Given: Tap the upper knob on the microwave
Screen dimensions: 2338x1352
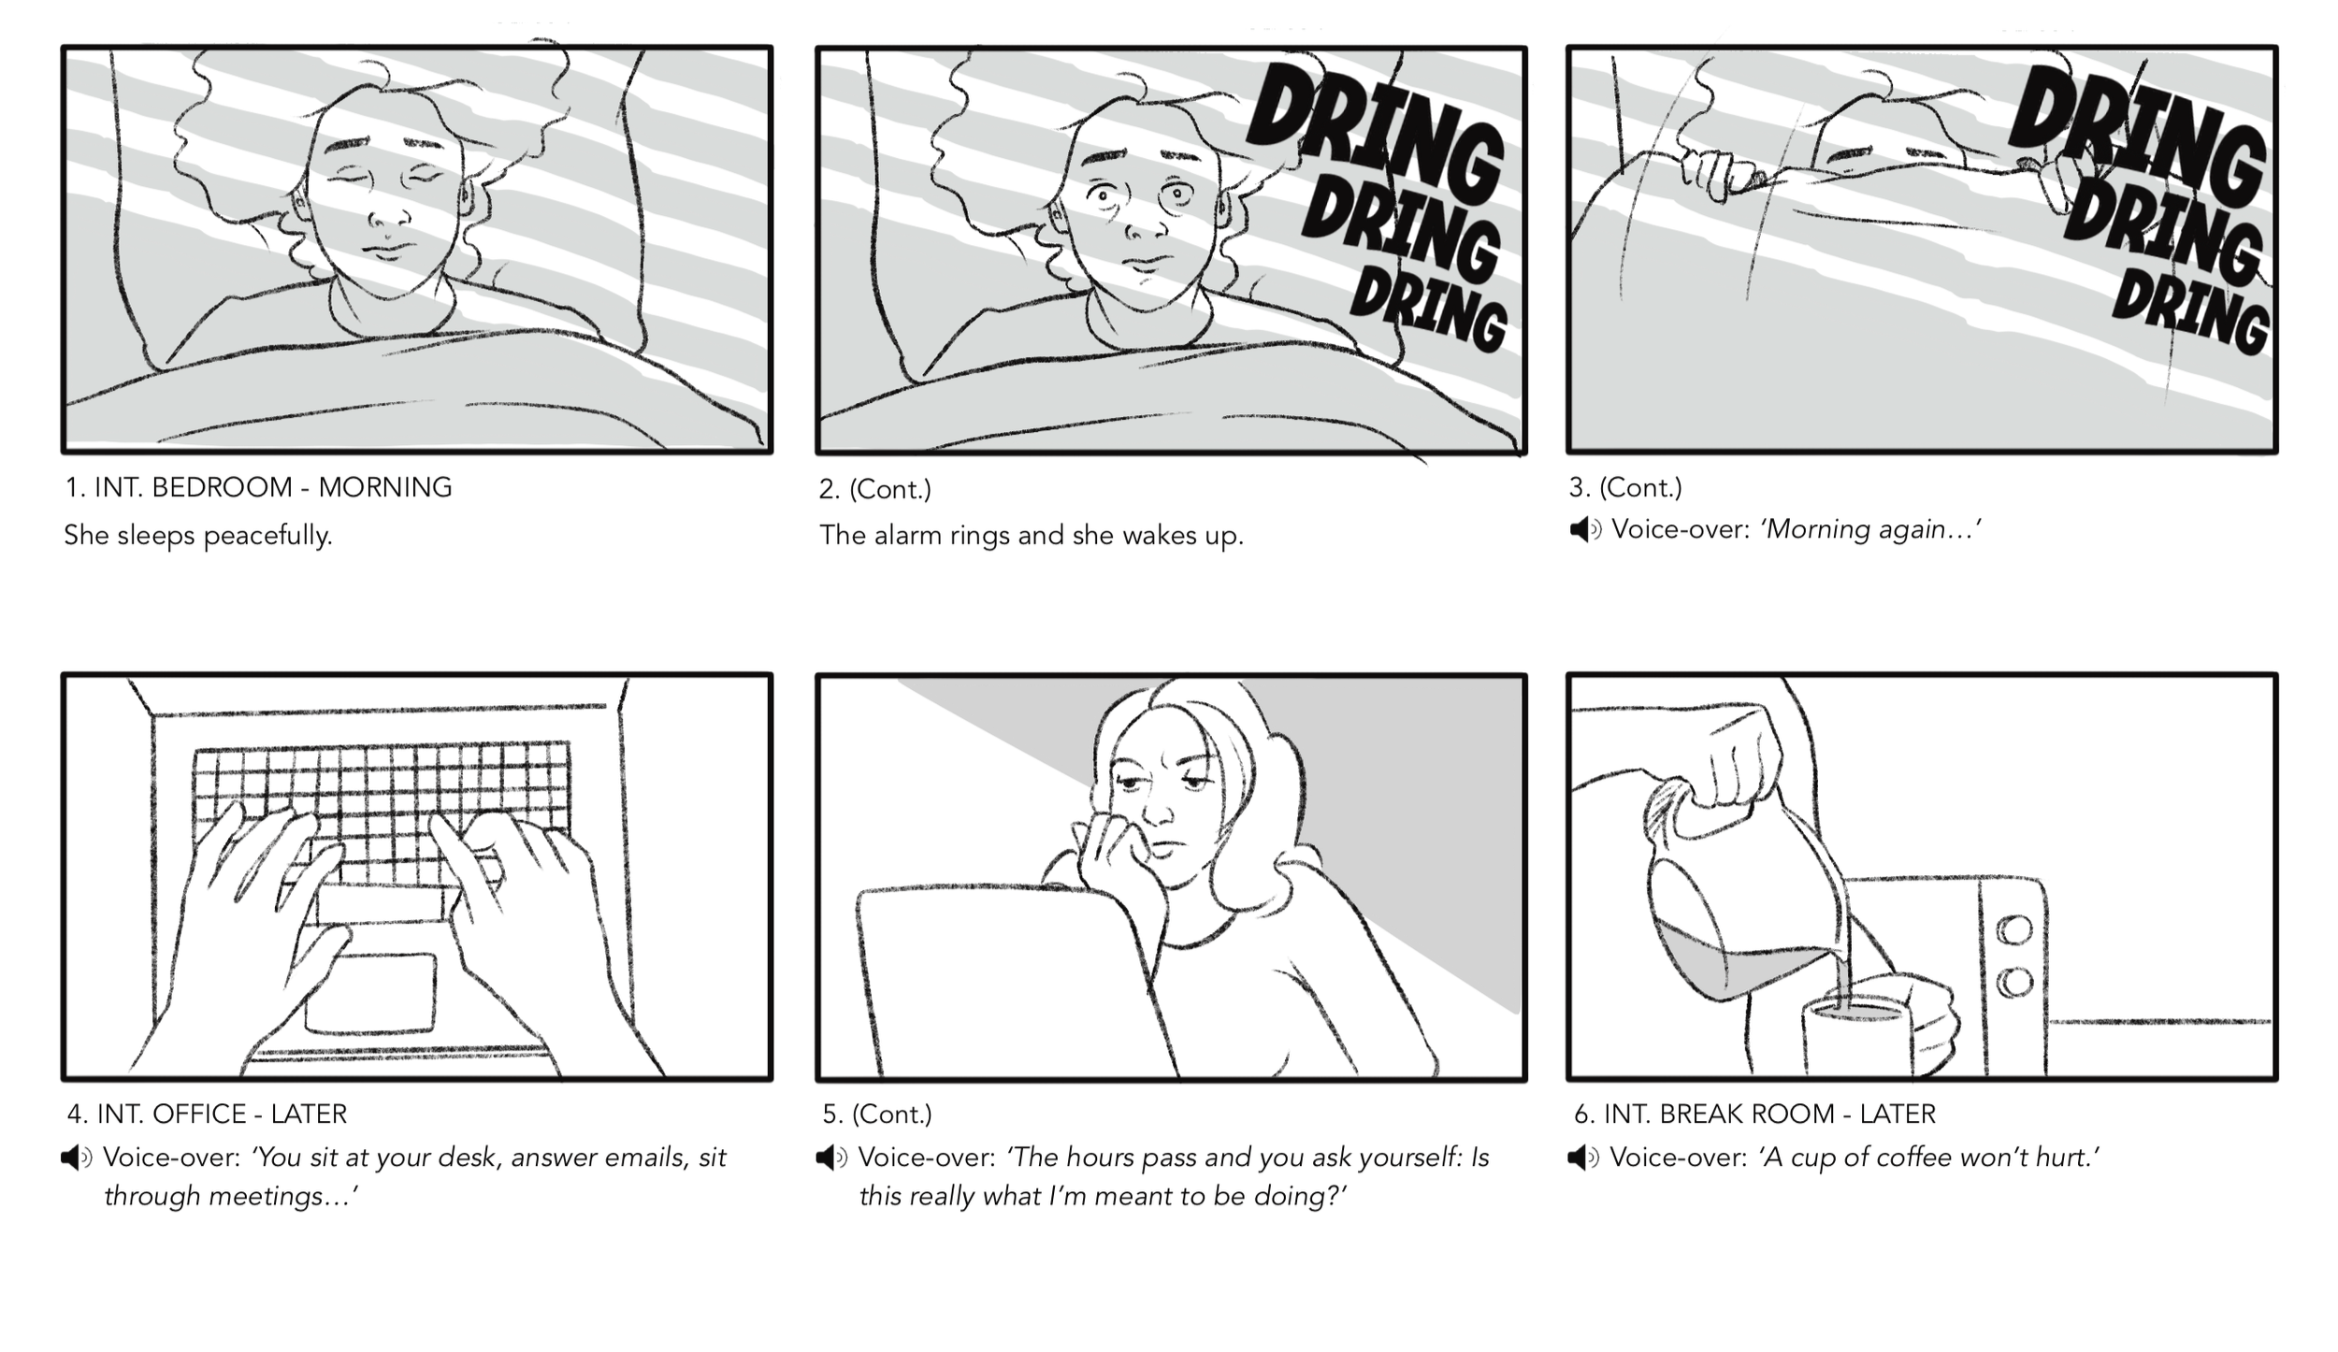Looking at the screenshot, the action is tap(2013, 930).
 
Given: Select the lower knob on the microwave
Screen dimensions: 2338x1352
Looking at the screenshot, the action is tap(2013, 982).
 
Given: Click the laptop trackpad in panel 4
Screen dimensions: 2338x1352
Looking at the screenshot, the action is tap(370, 993).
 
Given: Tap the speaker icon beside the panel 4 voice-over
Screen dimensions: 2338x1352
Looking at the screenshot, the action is tap(77, 1158).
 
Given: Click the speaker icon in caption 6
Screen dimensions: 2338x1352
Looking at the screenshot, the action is tap(1583, 1158).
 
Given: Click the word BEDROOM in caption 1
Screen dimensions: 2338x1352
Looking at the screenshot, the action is tap(222, 487).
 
